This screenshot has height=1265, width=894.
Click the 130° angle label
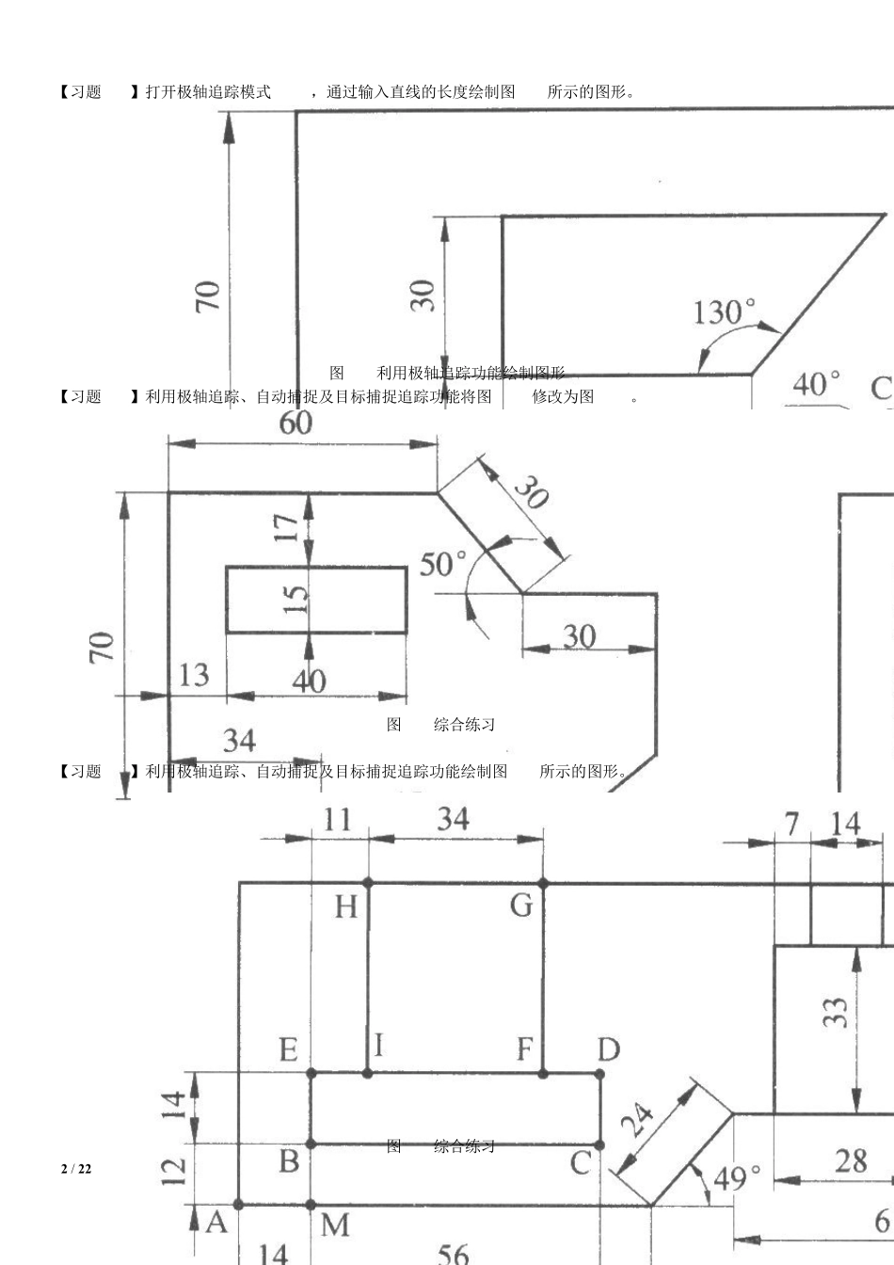pos(724,312)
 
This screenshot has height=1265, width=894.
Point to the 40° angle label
pos(816,384)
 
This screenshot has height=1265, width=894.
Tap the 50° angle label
pos(442,565)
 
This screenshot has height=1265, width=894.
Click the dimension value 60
pos(295,423)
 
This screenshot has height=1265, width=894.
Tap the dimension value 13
pos(194,675)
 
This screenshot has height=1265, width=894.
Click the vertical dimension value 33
pos(836,1012)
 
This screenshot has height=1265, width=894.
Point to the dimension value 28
pos(851,1161)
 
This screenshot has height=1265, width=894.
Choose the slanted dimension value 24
pos(639,1120)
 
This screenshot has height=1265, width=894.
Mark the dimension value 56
pos(453,1253)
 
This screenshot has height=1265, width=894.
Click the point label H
pos(345,907)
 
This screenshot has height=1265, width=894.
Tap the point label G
pos(521,905)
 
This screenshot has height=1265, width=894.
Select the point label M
pos(335,1225)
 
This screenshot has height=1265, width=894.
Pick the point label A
pos(216,1222)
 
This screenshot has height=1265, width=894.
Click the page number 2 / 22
pos(76,1169)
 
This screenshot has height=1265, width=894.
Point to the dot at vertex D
pos(600,1073)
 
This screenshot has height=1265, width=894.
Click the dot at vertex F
pos(543,1073)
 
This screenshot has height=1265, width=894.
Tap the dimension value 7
pos(792,825)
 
